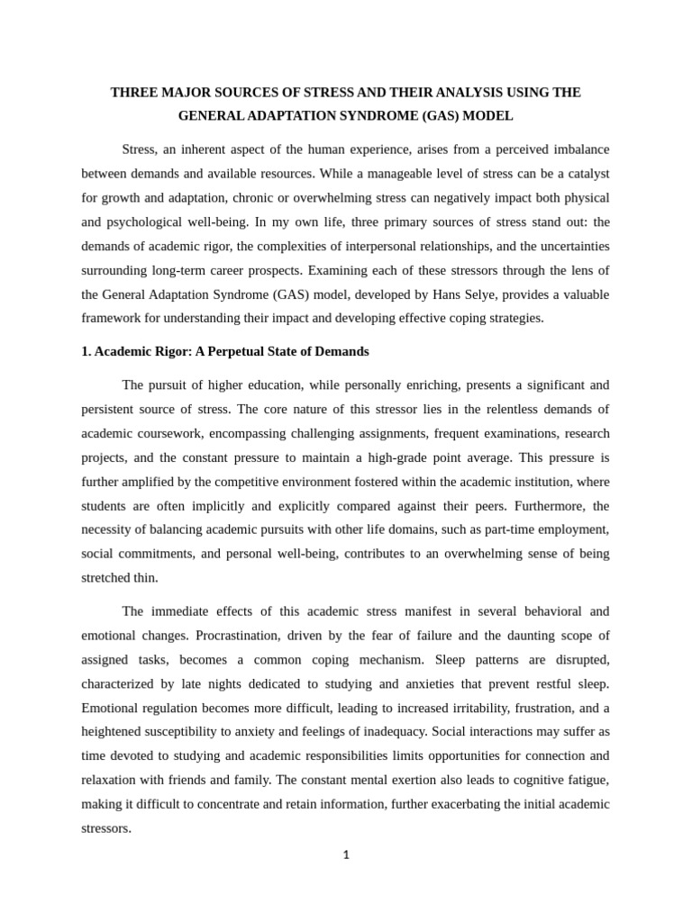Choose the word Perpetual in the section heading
pos(230,351)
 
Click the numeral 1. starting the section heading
pos(86,351)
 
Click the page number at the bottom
pos(346,855)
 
